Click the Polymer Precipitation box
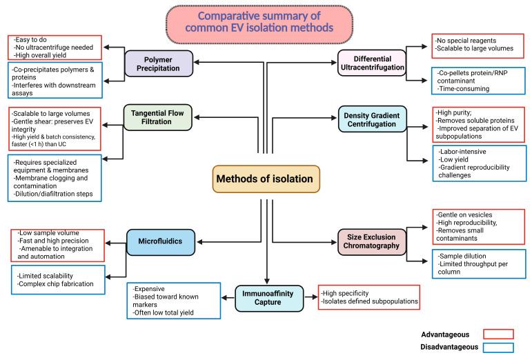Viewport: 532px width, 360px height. [159, 63]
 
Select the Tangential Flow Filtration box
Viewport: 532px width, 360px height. [158, 117]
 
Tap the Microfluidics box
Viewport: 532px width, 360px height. [161, 242]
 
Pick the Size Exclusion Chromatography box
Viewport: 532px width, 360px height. [372, 241]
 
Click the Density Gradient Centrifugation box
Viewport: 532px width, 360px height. [372, 119]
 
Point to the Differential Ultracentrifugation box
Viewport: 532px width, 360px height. [372, 63]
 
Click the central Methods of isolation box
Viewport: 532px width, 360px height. [266, 179]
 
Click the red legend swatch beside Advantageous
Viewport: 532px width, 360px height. [498, 334]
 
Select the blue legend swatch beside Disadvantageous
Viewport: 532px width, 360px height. [498, 348]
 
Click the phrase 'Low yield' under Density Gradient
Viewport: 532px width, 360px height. [453, 159]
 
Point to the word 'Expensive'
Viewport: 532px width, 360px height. [148, 289]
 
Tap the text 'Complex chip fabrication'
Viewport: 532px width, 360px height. [55, 284]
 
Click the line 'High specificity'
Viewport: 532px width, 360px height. [345, 293]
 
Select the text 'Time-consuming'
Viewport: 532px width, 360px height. [463, 89]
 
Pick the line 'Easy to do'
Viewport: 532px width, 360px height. [30, 40]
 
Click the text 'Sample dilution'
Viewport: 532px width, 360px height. [462, 256]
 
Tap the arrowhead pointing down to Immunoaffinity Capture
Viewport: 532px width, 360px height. [267, 281]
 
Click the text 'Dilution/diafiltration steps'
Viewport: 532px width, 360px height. [53, 194]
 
